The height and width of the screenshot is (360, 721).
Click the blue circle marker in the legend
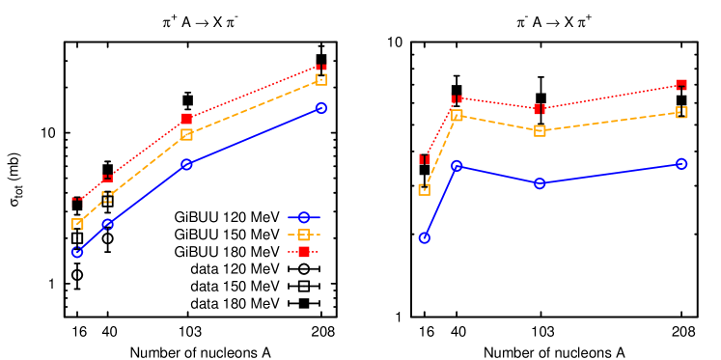(304, 218)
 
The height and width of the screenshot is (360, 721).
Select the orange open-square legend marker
(304, 235)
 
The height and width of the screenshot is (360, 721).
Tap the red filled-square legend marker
(304, 252)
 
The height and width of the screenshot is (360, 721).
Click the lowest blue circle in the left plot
(77, 252)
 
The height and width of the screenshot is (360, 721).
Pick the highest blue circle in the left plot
(321, 107)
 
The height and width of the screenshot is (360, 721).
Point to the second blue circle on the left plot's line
(107, 224)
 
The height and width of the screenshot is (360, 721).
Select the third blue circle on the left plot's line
(186, 164)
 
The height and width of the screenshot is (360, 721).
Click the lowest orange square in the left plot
(77, 224)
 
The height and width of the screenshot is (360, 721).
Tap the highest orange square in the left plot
(321, 79)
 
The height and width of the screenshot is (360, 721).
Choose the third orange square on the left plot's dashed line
(186, 134)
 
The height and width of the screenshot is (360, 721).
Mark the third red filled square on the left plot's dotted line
(186, 119)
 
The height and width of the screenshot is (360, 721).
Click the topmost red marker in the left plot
(321, 68)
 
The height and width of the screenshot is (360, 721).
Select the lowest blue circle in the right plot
(424, 237)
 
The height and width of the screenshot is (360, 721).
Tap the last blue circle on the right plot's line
(681, 164)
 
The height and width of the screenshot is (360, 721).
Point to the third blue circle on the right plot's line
(540, 183)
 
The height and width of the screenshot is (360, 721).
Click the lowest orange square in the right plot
(424, 189)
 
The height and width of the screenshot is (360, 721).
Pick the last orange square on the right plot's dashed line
(681, 112)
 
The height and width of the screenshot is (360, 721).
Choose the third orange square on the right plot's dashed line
(540, 130)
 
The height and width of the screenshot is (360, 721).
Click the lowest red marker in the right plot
(424, 158)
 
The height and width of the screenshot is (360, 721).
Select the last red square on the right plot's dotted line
(681, 85)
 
